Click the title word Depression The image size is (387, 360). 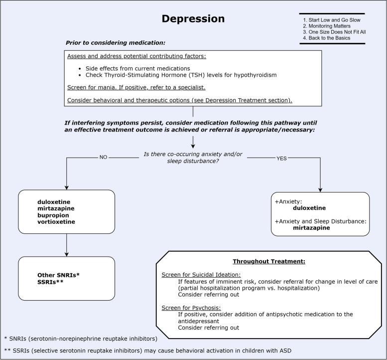193,19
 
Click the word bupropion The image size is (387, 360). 53,215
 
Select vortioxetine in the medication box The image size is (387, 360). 56,221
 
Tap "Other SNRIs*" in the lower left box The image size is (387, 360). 58,275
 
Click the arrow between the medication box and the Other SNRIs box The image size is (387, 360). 66,244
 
